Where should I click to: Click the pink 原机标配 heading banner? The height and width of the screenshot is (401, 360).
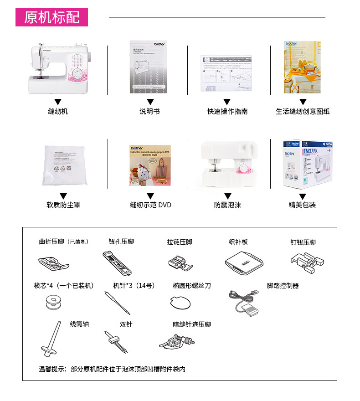[51, 17]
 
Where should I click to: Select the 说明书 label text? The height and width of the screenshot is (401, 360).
[149, 111]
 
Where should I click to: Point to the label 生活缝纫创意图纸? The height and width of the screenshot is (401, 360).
[303, 111]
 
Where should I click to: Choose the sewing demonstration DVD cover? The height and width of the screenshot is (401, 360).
[150, 165]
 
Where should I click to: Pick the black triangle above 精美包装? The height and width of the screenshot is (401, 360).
[303, 196]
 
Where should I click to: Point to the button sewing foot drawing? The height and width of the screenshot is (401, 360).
[306, 262]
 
